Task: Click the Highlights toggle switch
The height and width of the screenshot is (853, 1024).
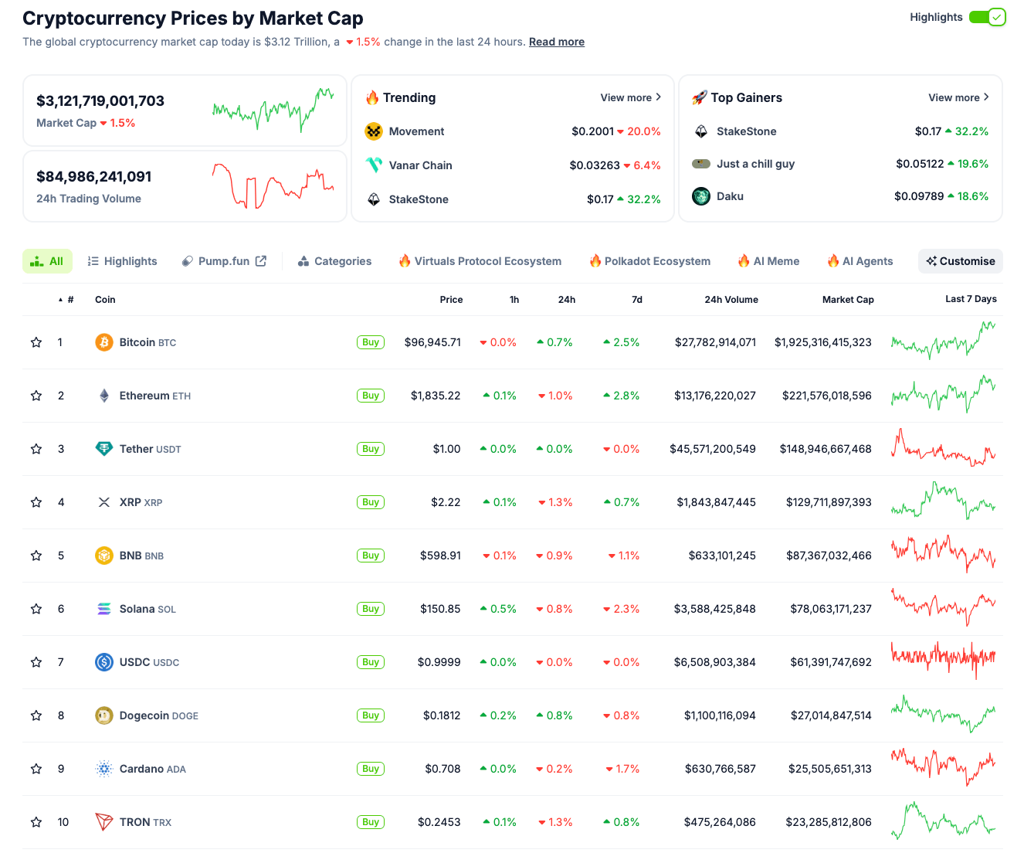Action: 987,17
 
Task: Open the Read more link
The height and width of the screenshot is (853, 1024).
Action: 556,42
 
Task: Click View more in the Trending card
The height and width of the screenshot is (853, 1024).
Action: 630,97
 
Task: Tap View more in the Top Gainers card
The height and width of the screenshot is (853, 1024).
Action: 958,97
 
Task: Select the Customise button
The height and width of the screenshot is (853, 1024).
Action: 960,261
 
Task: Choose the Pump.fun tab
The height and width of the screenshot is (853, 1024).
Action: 224,261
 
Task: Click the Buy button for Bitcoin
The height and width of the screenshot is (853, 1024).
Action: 371,342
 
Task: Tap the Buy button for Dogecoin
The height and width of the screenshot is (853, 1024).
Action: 371,715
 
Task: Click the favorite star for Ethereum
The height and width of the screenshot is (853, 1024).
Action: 36,396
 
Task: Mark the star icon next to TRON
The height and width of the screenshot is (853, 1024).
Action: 36,822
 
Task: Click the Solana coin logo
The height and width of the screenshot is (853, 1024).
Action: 104,609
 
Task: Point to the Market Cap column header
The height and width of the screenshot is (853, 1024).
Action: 847,300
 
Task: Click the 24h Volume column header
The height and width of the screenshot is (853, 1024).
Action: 731,300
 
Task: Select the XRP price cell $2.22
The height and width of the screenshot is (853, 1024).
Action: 446,502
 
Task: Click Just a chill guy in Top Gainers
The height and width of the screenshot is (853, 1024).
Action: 755,164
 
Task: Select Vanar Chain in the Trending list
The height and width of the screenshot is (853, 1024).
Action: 420,165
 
